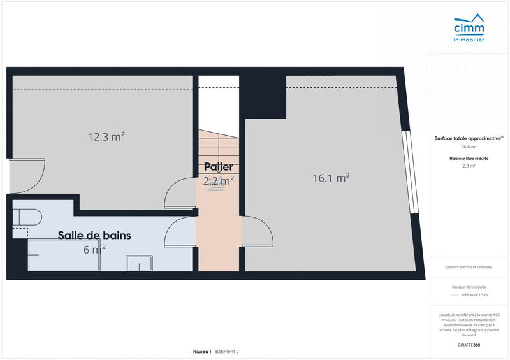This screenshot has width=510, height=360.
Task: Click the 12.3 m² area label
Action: [106, 136]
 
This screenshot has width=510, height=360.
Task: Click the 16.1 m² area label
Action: [331, 178]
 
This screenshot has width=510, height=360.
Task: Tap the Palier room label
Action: [218, 167]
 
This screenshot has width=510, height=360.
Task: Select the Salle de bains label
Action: [94, 235]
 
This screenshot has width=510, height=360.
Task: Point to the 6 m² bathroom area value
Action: [94, 249]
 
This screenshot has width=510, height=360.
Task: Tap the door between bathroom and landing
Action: [180, 232]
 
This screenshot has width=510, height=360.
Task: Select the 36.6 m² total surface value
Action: [469, 147]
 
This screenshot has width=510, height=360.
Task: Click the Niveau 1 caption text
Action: [202, 351]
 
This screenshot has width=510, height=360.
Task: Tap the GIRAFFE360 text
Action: [469, 345]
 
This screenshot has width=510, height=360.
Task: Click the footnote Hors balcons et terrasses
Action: [469, 267]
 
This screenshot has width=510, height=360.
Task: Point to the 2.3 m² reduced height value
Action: [469, 166]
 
